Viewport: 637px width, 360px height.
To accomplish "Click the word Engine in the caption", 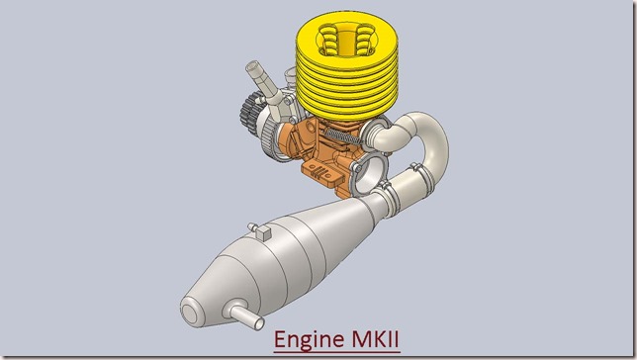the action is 308,339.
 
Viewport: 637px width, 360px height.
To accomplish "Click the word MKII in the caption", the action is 376,339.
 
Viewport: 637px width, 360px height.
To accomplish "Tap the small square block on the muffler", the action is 264,233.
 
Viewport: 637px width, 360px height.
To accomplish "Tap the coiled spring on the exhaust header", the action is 342,136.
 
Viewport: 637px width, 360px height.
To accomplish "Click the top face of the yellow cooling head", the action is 346,38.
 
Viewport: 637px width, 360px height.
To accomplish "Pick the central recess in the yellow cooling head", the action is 346,40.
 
